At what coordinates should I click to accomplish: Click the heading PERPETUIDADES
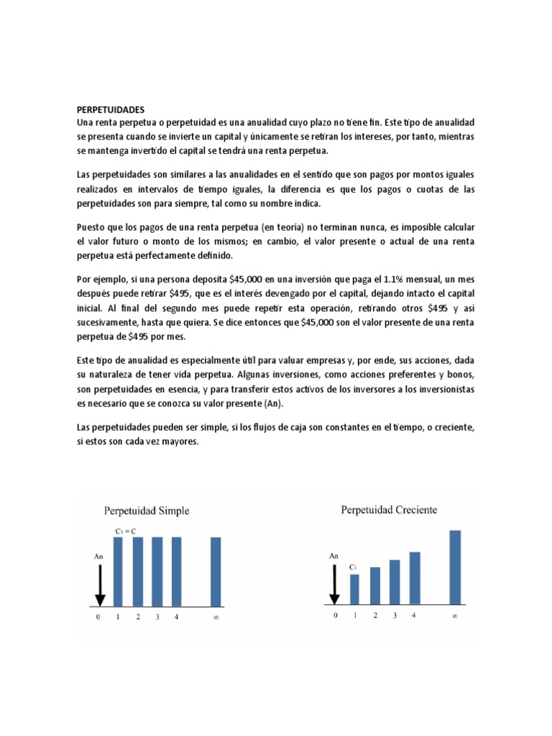click(110, 110)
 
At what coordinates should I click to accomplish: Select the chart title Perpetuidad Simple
click(147, 511)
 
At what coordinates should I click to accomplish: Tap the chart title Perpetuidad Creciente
click(388, 510)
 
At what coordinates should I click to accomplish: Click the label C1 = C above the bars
click(126, 530)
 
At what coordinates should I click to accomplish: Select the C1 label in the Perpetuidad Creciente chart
click(353, 567)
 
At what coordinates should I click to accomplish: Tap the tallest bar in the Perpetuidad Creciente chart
click(455, 567)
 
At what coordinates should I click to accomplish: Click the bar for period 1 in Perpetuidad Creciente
click(354, 589)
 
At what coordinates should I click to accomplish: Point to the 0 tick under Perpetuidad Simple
click(98, 617)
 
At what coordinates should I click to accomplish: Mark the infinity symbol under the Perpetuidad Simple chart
click(215, 617)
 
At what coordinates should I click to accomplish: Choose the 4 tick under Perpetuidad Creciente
click(413, 615)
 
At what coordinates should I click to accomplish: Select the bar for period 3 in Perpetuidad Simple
click(157, 571)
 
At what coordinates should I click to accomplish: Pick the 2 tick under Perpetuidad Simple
click(137, 617)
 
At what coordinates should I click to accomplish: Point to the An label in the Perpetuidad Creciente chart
click(333, 556)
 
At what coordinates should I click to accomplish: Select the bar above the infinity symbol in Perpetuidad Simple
click(216, 571)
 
